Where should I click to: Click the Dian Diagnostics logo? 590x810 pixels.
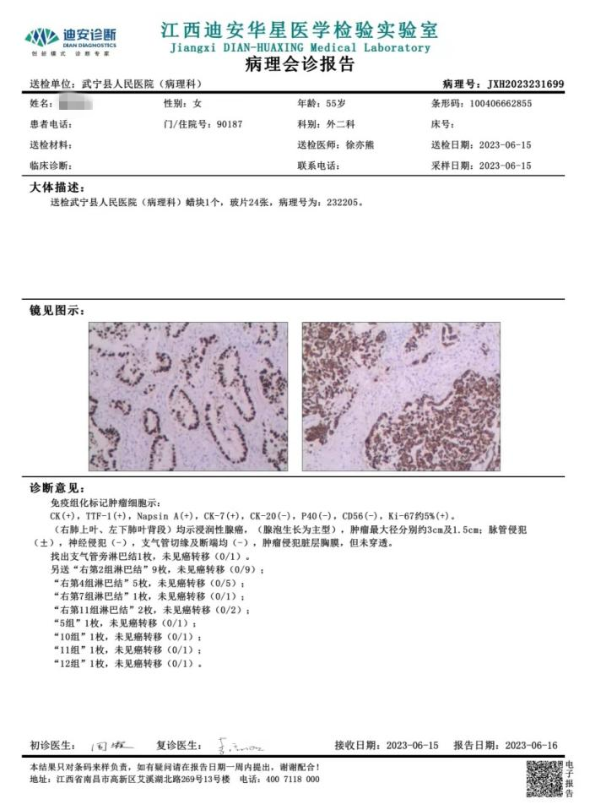point(71,39)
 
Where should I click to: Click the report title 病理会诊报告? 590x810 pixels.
point(300,65)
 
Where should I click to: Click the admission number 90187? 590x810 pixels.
point(230,124)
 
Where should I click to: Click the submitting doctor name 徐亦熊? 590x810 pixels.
point(361,144)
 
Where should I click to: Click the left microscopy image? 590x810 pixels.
point(188,396)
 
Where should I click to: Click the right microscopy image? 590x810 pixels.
point(401,396)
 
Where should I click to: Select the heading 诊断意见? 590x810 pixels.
point(57,488)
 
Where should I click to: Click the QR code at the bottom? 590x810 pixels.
point(544,779)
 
